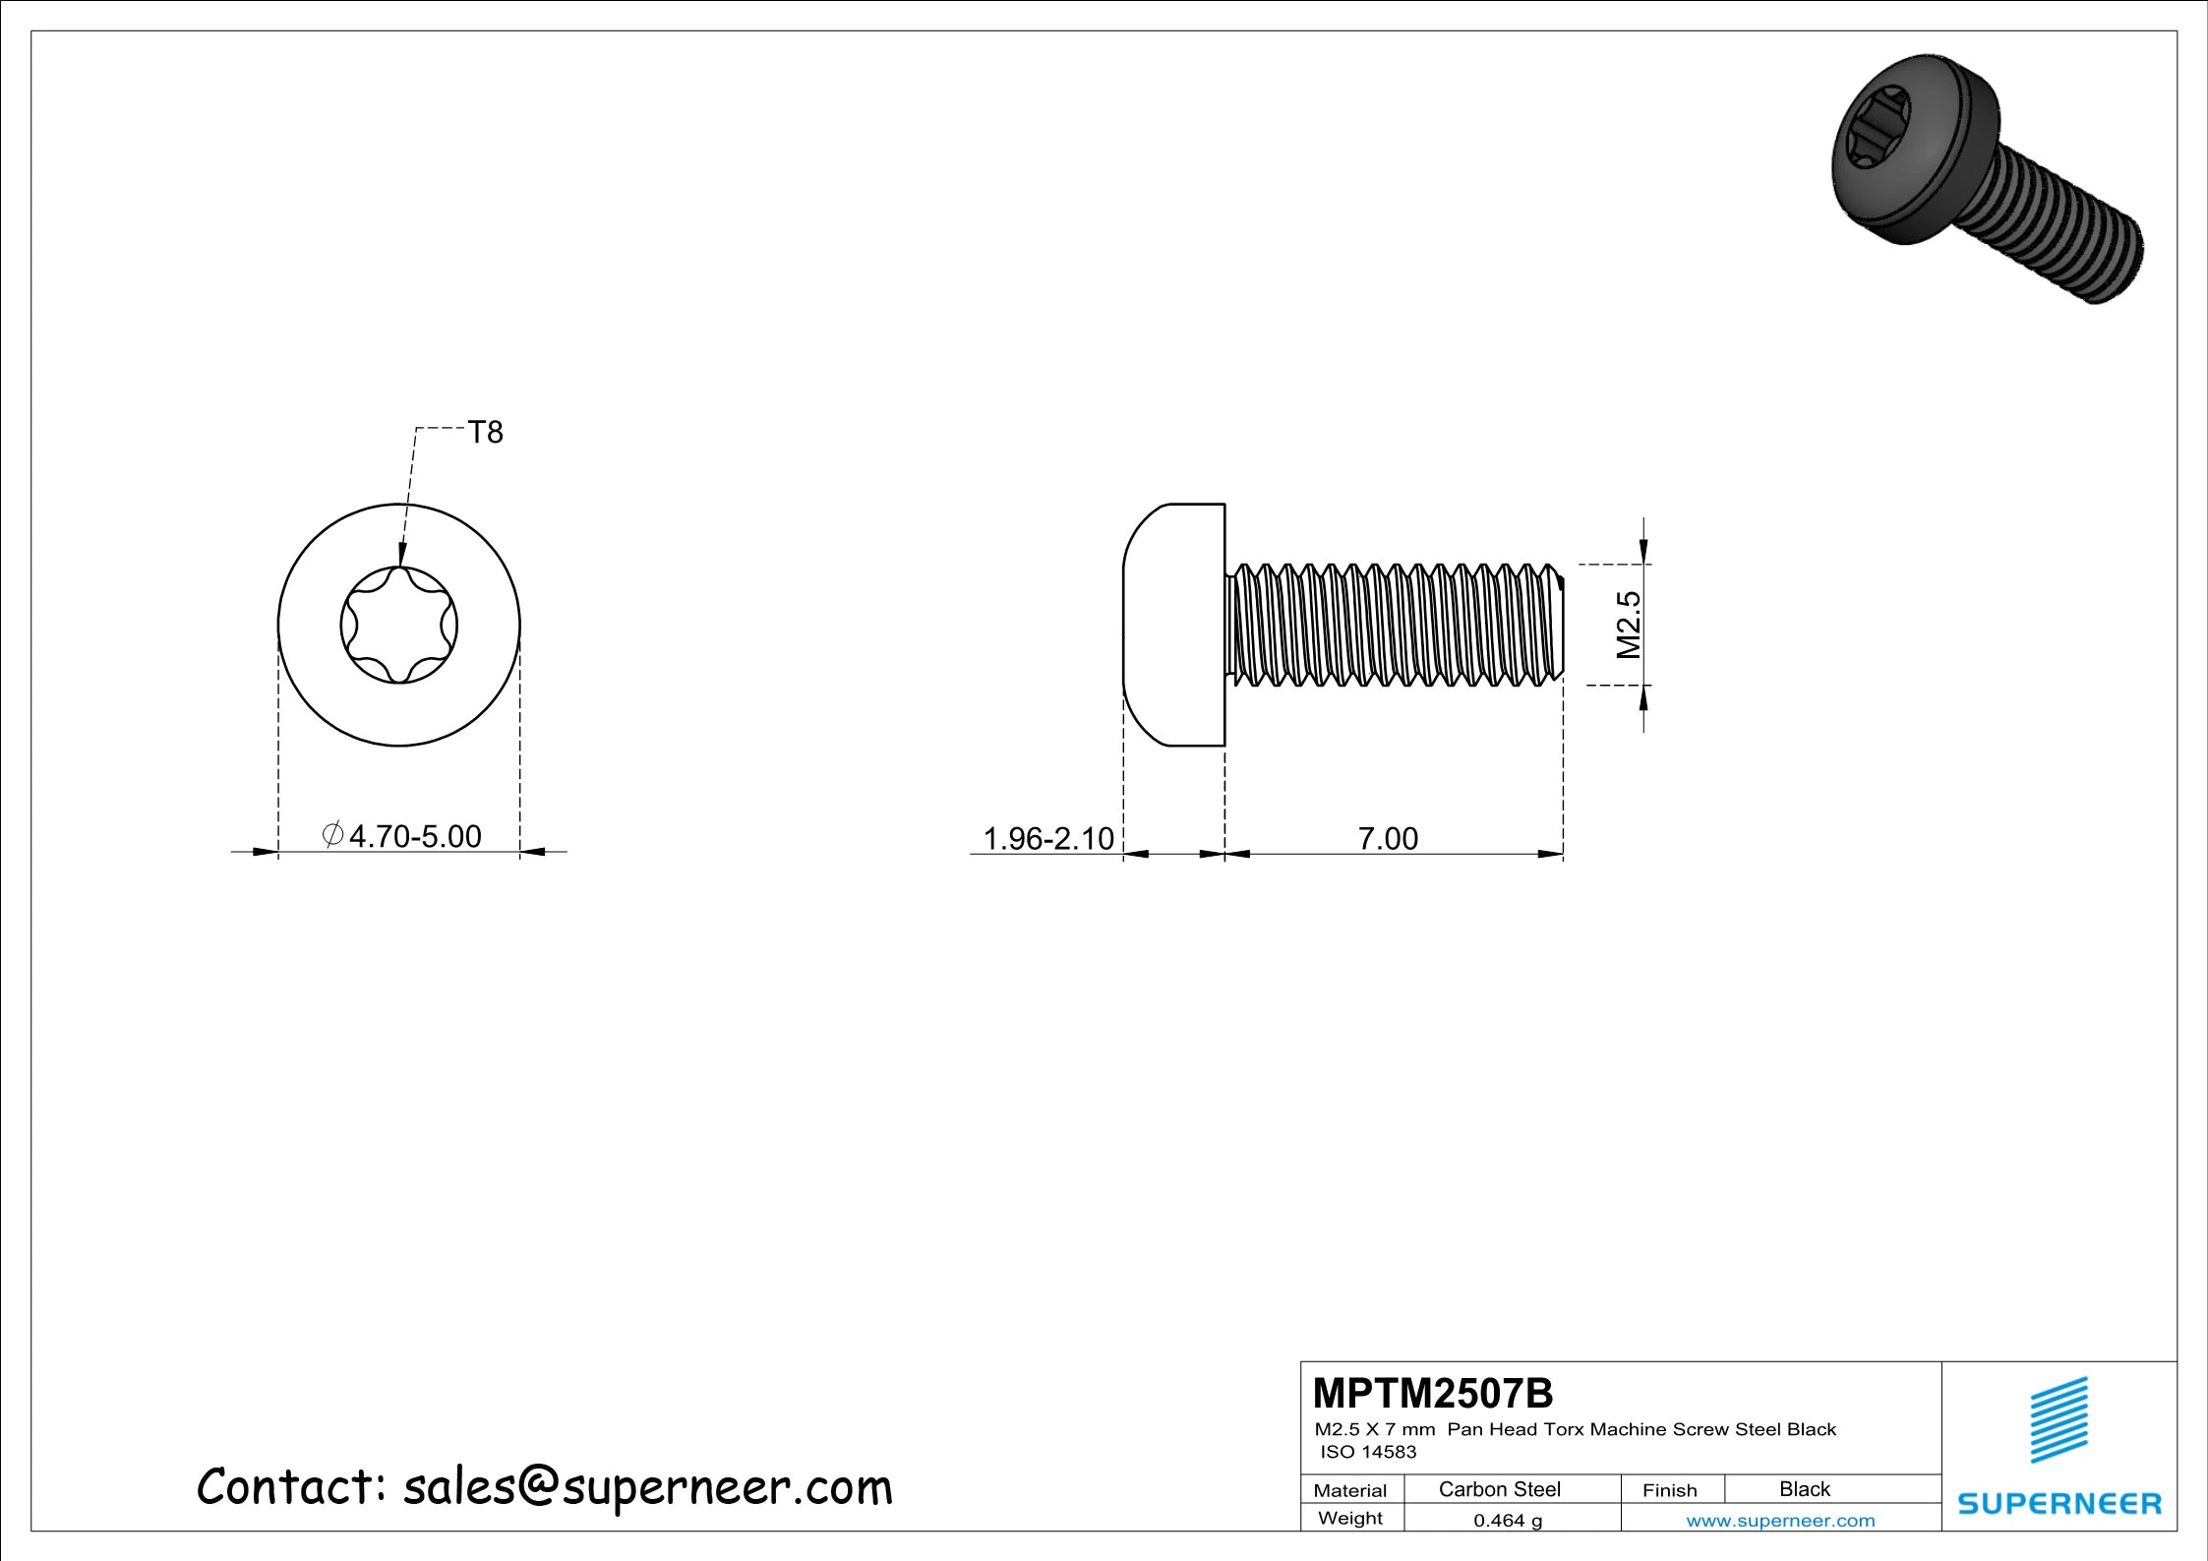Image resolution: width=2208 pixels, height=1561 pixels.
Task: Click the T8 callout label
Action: click(485, 433)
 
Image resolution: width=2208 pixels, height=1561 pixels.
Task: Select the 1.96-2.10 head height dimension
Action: click(1048, 838)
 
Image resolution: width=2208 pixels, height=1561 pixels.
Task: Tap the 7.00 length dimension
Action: click(1388, 838)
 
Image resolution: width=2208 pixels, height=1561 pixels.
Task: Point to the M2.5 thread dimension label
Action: click(1630, 625)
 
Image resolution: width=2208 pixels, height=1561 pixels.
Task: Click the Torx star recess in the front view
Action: click(398, 625)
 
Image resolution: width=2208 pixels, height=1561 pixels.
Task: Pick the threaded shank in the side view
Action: click(1395, 625)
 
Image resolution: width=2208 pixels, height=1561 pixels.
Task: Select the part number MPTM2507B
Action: click(1433, 1393)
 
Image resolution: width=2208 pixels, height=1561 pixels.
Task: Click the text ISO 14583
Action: click(1368, 1452)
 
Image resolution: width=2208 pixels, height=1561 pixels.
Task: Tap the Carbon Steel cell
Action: click(1499, 1489)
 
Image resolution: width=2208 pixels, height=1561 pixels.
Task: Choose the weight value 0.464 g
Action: click(1508, 1521)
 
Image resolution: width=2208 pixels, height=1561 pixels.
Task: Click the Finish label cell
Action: click(1669, 1490)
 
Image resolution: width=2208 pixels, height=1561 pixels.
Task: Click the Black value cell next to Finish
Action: click(1805, 1489)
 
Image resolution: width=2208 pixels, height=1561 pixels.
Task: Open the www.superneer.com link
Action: click(1780, 1521)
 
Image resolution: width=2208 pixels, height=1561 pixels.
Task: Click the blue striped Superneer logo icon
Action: click(2059, 1419)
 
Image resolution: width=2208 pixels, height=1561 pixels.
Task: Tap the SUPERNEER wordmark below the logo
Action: click(2059, 1503)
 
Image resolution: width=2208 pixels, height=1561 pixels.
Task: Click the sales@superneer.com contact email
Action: click(647, 1486)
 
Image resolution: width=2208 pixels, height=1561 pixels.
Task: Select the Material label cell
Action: click(1350, 1490)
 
